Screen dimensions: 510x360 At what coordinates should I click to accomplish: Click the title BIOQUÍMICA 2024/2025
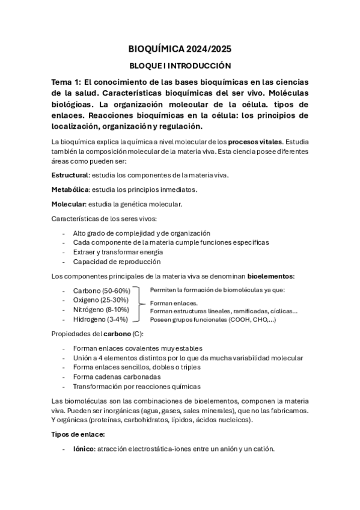180,49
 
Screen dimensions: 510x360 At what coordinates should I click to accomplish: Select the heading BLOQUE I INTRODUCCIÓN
180,66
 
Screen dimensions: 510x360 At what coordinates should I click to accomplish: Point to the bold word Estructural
70,175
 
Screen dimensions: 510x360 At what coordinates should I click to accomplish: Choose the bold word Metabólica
70,189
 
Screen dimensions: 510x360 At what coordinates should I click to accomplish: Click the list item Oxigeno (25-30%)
100,300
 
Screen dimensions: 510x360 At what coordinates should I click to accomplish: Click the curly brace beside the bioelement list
141,304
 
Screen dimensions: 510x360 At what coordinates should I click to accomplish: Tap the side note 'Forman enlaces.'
174,303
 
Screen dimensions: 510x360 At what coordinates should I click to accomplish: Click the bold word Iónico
84,449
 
